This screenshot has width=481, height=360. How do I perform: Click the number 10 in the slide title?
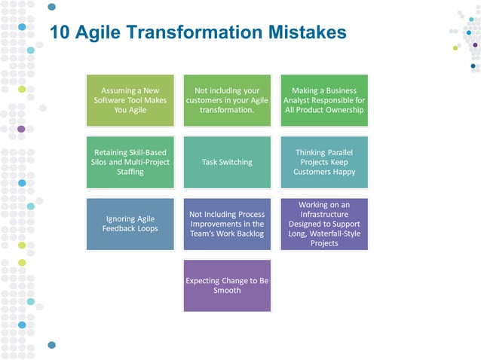pos(60,32)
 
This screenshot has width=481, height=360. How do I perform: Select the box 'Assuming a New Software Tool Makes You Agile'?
pos(130,100)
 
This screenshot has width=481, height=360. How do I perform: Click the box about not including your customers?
pos(227,100)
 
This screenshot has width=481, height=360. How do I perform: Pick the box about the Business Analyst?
pos(323,100)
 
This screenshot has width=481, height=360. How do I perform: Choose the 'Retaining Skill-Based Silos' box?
pos(130,162)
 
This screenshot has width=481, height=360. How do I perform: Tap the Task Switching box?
pos(227,162)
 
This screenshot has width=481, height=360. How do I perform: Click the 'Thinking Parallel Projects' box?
pos(323,162)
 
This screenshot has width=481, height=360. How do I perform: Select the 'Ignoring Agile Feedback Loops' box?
pos(130,224)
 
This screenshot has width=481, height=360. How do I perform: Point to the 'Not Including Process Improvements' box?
pos(227,224)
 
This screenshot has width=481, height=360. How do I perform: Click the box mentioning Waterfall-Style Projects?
pos(323,224)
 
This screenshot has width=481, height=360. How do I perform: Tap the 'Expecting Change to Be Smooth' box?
pos(227,285)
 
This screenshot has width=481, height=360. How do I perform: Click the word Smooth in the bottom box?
pos(227,291)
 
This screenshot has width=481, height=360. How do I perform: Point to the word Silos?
pos(100,162)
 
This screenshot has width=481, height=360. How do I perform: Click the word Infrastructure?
pos(324,214)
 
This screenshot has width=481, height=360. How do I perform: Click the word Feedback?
pos(121,229)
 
